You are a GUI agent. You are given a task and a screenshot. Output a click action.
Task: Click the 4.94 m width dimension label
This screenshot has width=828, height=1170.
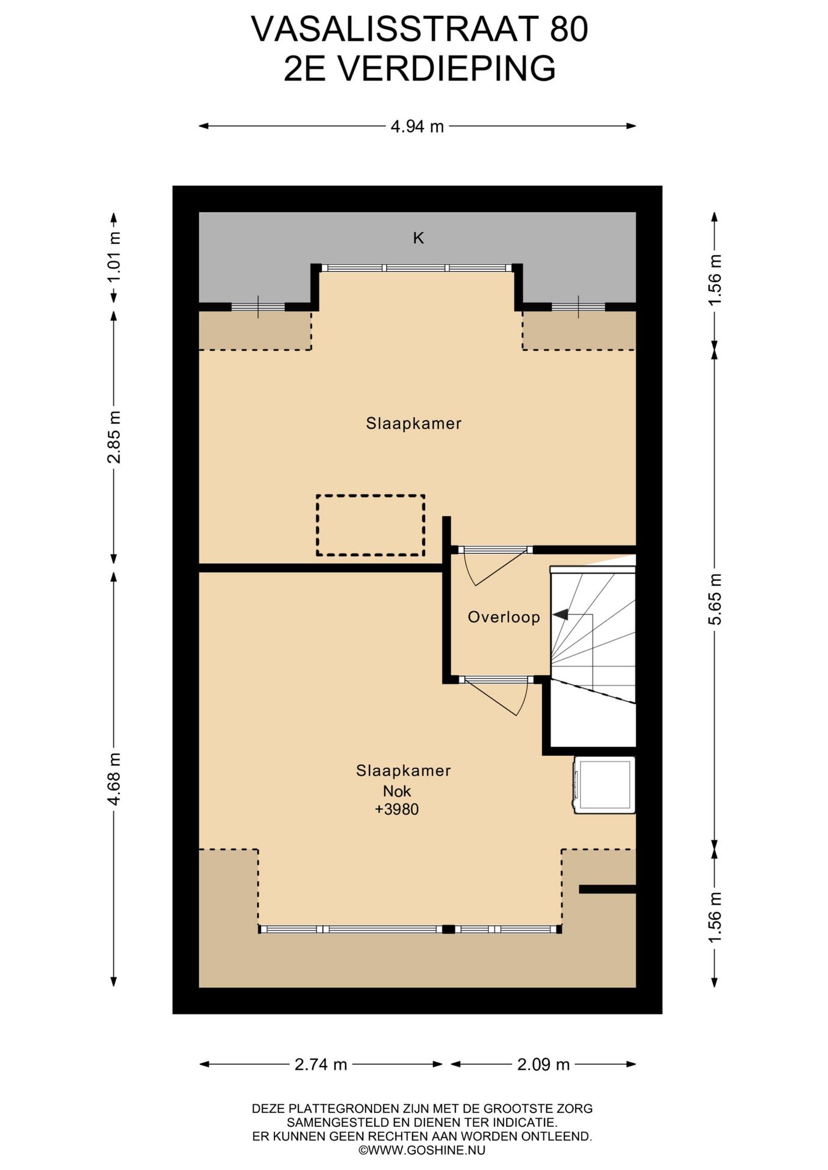pos(417,127)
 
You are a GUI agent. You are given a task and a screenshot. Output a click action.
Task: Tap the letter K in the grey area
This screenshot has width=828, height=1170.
pos(418,238)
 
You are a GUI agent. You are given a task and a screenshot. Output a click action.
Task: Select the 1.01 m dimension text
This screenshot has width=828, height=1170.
pos(113,257)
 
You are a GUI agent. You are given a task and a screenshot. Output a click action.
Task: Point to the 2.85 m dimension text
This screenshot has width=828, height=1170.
pos(113,437)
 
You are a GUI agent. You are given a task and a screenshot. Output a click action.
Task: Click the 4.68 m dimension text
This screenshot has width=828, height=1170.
pos(113,779)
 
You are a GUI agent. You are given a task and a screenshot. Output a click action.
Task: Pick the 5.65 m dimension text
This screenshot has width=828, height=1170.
pos(715,599)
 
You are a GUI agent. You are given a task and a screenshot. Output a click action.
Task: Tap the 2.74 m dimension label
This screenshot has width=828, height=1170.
pos(321,1065)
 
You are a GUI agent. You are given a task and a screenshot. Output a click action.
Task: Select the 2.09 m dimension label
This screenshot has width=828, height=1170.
pos(543,1065)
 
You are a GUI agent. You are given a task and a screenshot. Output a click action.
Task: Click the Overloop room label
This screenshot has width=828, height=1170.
pos(504,617)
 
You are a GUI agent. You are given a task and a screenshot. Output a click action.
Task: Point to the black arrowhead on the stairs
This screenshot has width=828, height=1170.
pos(560,615)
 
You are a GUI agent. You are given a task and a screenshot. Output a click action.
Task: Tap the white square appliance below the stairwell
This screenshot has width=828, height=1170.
pos(604,785)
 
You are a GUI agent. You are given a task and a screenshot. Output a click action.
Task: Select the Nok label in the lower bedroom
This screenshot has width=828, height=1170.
pos(397,791)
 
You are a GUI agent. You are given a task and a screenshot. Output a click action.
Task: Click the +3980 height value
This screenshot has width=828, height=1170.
pos(397,809)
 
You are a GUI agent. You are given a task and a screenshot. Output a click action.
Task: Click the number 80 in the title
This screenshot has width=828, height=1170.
pos(569,29)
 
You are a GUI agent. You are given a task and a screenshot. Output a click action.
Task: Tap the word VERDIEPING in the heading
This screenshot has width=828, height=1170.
pos(446,68)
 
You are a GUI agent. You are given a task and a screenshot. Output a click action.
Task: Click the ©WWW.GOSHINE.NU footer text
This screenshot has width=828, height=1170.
pos(422,1150)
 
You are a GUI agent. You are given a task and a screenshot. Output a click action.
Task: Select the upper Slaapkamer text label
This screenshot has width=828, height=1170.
pos(413,424)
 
